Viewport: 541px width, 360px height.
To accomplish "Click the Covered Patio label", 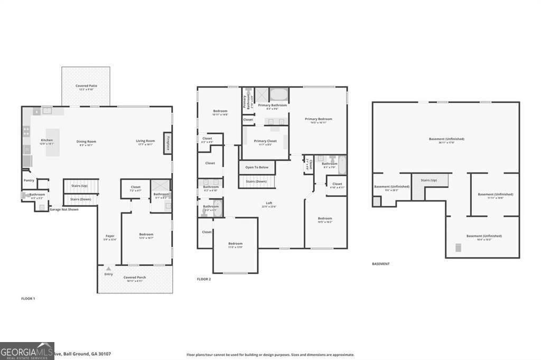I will pyautogui.click(x=86, y=86).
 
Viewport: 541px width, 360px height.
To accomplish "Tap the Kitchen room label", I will pyautogui.click(x=47, y=140).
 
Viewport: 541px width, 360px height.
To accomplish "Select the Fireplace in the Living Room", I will pyautogui.click(x=168, y=143).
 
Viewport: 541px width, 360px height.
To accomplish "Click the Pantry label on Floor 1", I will pyautogui.click(x=29, y=181).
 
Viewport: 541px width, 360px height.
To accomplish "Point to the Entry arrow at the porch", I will pyautogui.click(x=109, y=269).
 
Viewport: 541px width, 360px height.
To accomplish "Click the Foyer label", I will pyautogui.click(x=110, y=236).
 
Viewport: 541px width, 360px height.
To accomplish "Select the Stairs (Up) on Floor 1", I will pyautogui.click(x=81, y=186).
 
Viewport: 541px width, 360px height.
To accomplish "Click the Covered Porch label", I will pyautogui.click(x=135, y=277).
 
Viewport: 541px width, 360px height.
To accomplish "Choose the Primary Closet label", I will pyautogui.click(x=265, y=141).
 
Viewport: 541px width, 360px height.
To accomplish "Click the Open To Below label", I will pyautogui.click(x=257, y=167).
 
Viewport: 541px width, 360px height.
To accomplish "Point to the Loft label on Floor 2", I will pyautogui.click(x=269, y=203).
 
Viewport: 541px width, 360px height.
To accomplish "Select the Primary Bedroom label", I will pyautogui.click(x=319, y=119).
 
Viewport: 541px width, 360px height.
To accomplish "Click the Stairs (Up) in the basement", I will pyautogui.click(x=428, y=180).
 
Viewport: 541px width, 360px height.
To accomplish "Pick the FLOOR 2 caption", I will pyautogui.click(x=204, y=279).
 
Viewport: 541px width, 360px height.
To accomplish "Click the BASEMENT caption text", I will pyautogui.click(x=381, y=264).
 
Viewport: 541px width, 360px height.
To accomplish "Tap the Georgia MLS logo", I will pyautogui.click(x=27, y=351).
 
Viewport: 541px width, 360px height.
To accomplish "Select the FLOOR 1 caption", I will pyautogui.click(x=28, y=299).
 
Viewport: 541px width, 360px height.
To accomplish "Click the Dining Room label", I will pyautogui.click(x=87, y=141).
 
